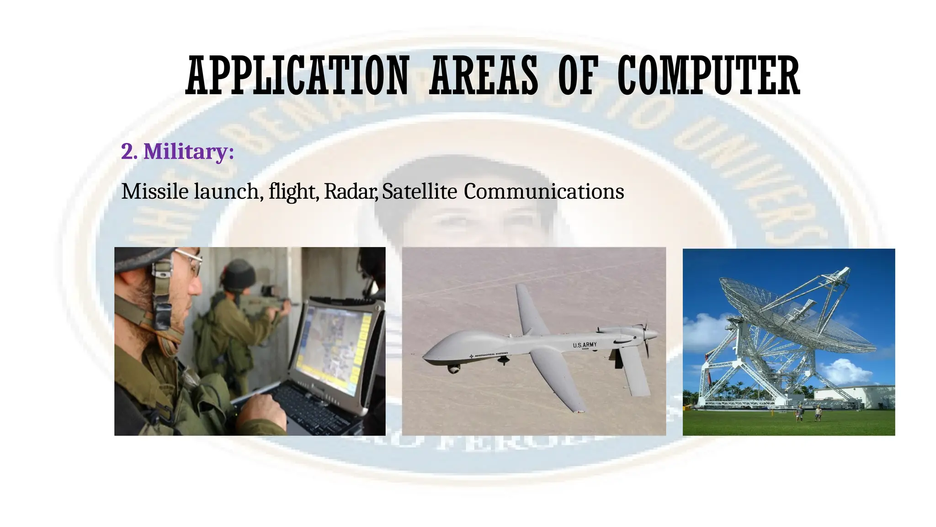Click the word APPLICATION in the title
click(297, 75)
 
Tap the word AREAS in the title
click(484, 75)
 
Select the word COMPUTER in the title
click(708, 75)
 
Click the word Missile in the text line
click(155, 191)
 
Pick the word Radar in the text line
click(350, 191)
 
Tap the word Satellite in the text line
click(419, 191)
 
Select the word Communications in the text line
click(544, 191)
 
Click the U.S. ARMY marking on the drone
click(585, 345)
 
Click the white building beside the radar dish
click(855, 397)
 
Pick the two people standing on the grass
click(808, 413)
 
